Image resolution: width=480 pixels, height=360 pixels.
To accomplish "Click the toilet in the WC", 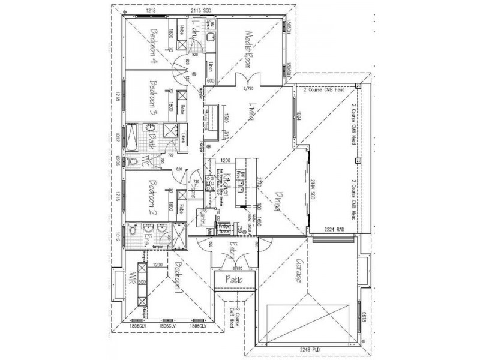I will (x=133, y=161).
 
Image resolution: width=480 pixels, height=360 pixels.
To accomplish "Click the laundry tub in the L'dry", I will (x=211, y=37).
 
